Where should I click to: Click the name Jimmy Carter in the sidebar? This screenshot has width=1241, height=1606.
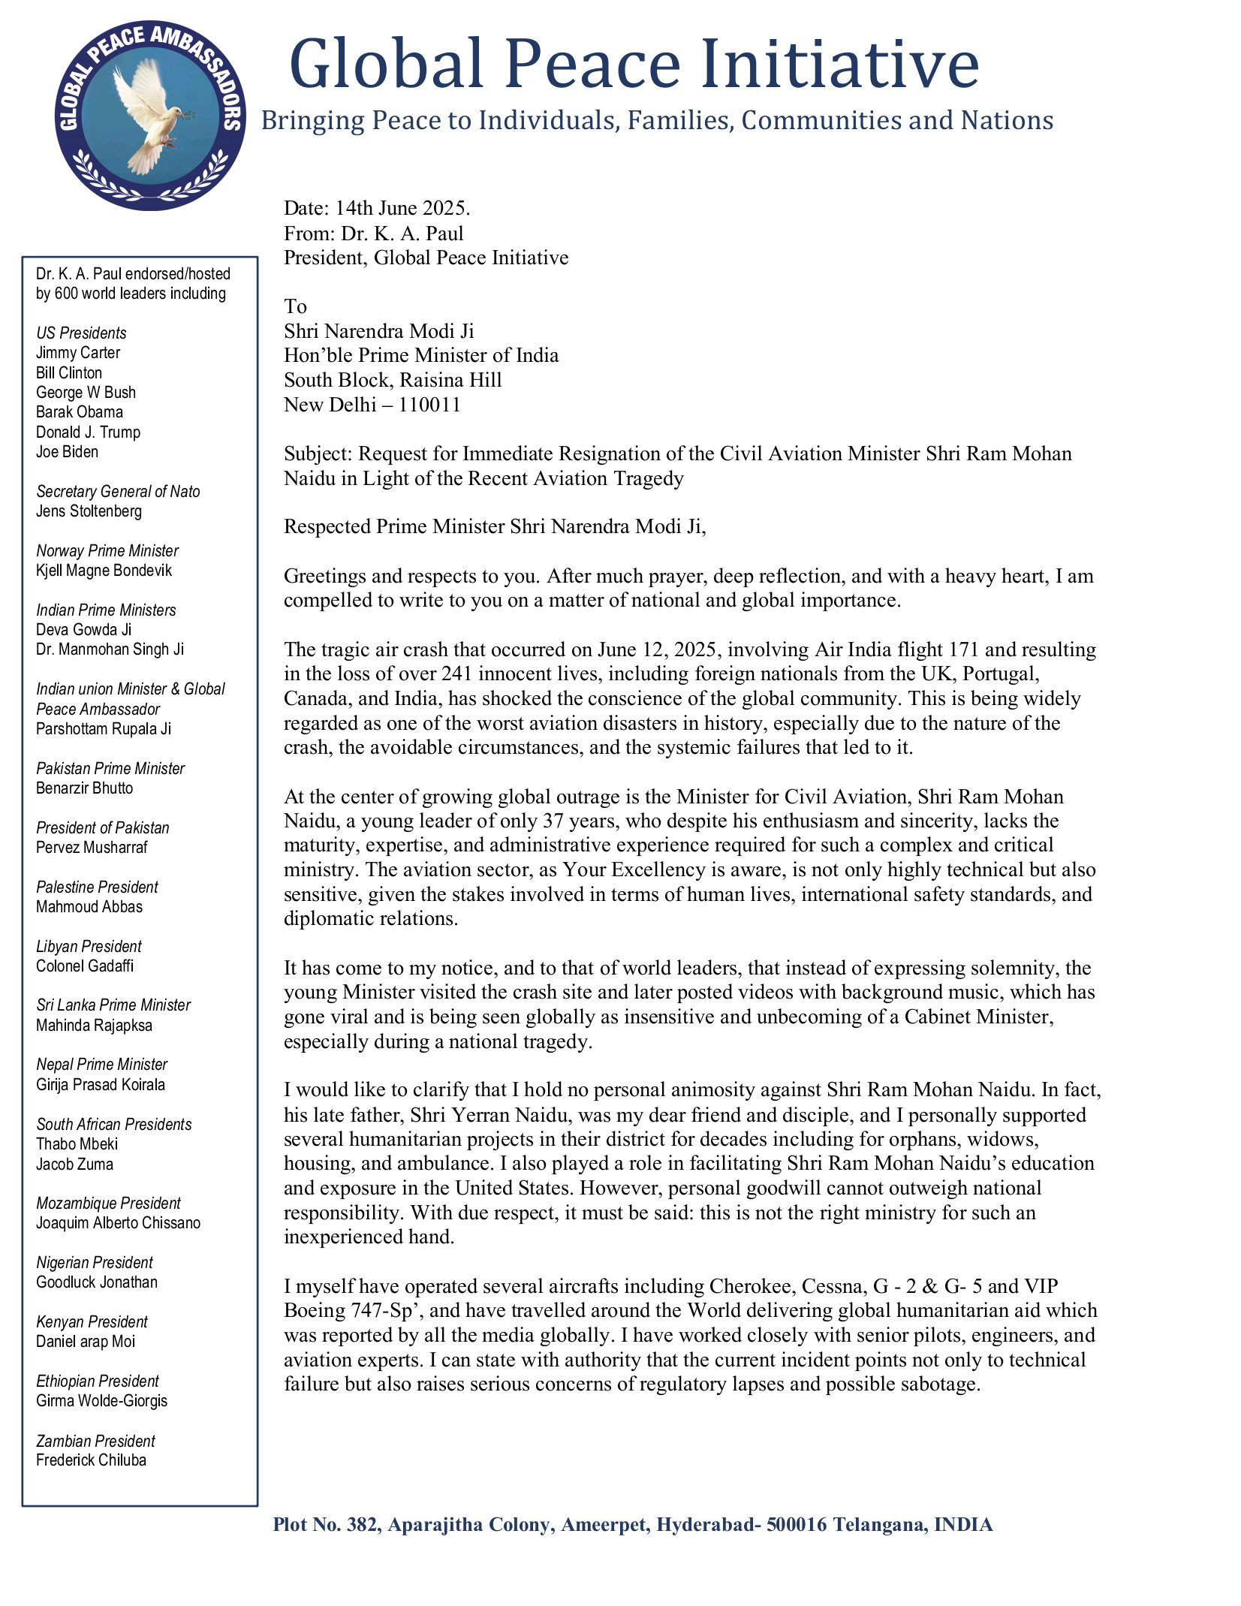point(78,353)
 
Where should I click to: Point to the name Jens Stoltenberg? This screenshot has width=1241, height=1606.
point(89,511)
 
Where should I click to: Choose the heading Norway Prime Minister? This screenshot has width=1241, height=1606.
point(107,550)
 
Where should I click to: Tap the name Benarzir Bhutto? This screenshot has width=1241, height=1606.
point(85,788)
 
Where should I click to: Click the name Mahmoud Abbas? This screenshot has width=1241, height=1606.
point(89,907)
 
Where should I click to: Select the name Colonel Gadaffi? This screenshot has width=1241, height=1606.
point(85,966)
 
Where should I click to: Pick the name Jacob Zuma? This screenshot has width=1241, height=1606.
point(75,1165)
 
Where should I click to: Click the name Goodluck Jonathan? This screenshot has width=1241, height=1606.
point(97,1282)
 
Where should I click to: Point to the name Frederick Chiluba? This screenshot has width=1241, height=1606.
point(91,1460)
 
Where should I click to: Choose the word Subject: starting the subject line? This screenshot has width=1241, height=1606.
point(318,454)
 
